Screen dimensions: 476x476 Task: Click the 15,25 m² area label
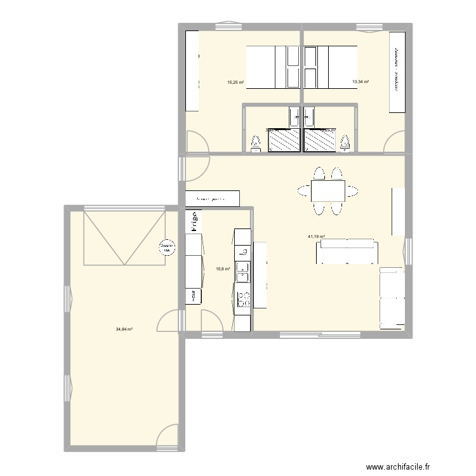pos(235,82)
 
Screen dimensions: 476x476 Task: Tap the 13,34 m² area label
pos(361,82)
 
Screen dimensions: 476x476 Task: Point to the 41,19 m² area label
pos(316,237)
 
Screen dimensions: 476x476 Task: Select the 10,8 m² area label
pos(223,268)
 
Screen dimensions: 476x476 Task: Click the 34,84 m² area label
pos(124,329)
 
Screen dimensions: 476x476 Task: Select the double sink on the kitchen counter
pos(242,272)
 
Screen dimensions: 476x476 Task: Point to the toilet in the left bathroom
pos(256,143)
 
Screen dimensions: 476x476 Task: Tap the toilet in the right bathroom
pos(345,143)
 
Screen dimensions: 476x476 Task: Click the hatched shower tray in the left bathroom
pos(284,140)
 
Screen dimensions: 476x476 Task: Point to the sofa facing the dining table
pos(348,253)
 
